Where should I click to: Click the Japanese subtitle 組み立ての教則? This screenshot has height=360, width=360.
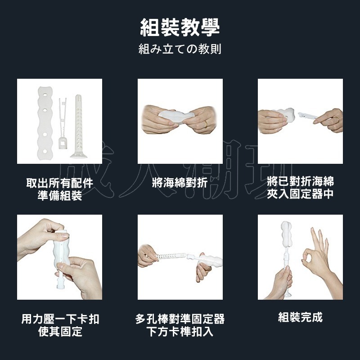[x=180, y=49]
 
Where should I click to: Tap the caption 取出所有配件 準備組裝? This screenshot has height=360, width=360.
[x=59, y=189]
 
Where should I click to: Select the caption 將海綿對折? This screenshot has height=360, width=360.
[x=180, y=183]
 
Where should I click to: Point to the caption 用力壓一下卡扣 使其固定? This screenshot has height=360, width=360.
[x=60, y=325]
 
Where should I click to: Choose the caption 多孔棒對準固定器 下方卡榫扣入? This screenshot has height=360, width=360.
[x=180, y=325]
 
